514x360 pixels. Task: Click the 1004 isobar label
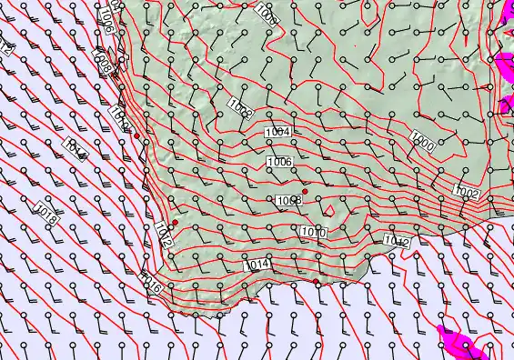pos(277,133)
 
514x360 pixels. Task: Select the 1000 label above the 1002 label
pos(422,142)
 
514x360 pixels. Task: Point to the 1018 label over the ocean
pos(48,215)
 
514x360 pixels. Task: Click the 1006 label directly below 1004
pos(278,161)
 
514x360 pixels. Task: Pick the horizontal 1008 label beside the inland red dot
pos(288,200)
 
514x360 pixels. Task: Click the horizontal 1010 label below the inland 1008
pos(313,233)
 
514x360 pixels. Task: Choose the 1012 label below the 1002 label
pos(396,240)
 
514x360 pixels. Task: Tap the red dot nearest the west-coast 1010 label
pos(136,136)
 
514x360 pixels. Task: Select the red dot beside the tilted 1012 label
pos(175,222)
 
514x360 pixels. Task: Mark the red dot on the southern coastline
pos(316,282)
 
